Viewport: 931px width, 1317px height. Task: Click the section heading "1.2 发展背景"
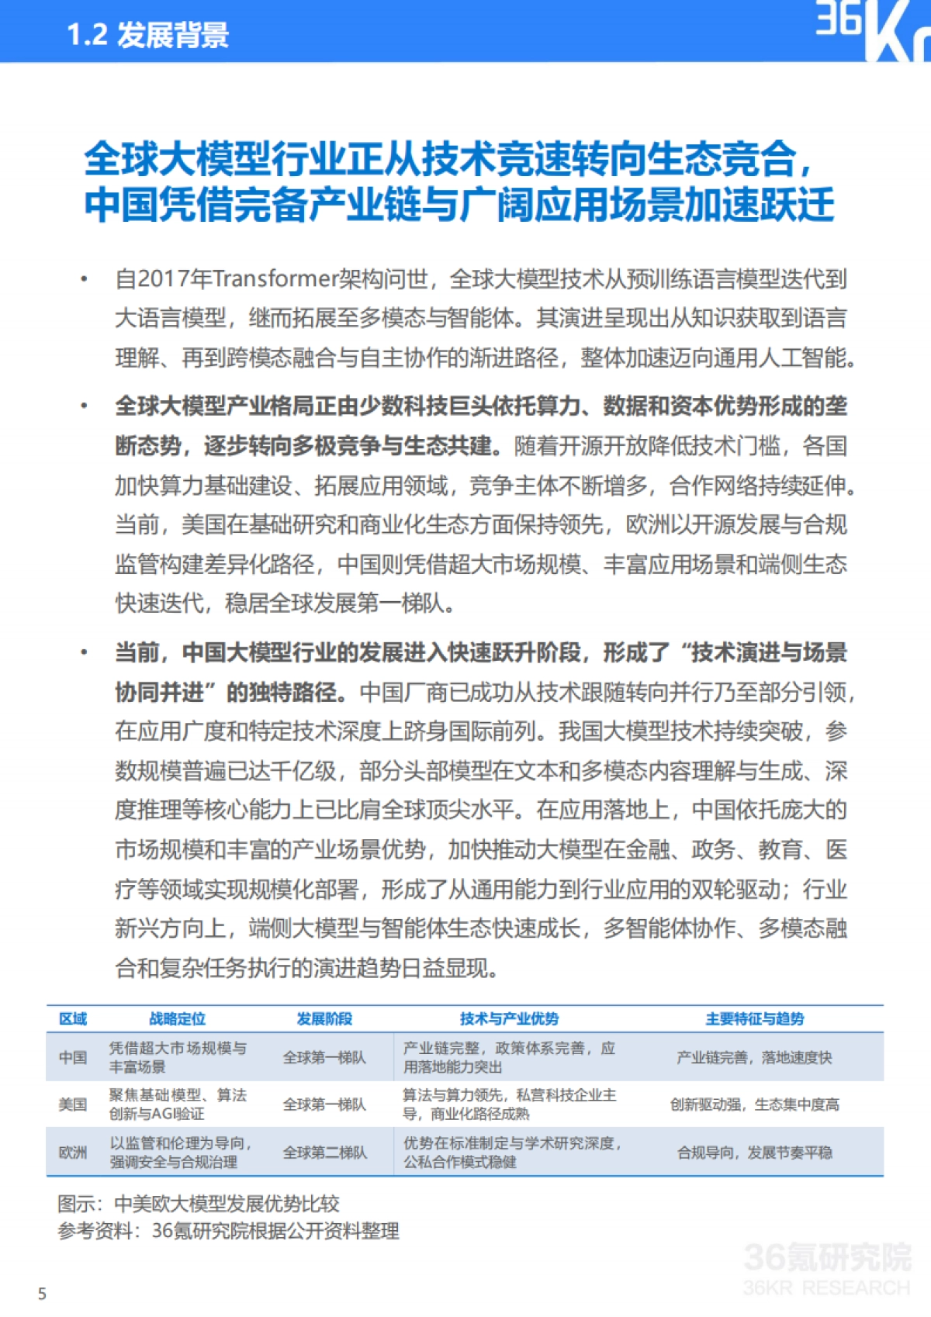click(x=147, y=35)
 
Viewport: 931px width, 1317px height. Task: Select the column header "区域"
click(x=73, y=1018)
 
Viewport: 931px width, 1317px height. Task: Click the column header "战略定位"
click(x=178, y=1018)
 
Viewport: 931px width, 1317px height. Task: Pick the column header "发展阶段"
click(x=324, y=1018)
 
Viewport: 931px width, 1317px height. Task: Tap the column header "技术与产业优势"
click(x=509, y=1018)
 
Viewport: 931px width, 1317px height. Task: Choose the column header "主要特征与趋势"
click(x=754, y=1018)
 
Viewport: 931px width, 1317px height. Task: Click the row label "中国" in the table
click(x=73, y=1057)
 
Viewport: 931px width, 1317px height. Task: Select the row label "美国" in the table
click(x=73, y=1104)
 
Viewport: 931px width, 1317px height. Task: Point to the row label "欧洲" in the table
click(x=73, y=1152)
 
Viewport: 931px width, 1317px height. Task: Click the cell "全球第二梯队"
click(x=324, y=1152)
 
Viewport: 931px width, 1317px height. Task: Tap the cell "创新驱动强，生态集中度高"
click(x=754, y=1104)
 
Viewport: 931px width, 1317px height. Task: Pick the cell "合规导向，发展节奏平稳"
click(x=754, y=1152)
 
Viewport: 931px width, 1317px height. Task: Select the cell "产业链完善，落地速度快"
click(x=754, y=1057)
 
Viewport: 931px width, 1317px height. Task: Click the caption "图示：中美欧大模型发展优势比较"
click(x=199, y=1203)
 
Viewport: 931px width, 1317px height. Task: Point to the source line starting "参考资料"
click(x=228, y=1230)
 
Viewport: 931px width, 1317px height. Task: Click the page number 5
click(x=42, y=1294)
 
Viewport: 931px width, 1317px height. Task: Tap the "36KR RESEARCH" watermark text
click(x=826, y=1288)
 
